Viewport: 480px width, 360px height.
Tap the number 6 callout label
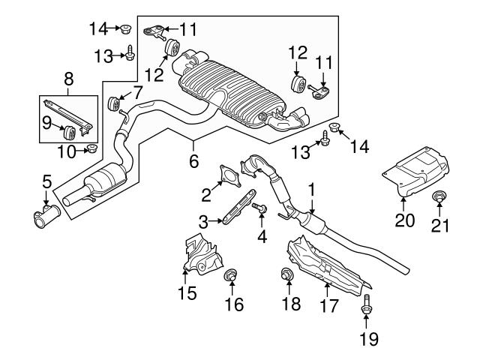(x=194, y=160)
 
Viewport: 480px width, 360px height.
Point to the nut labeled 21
(x=440, y=198)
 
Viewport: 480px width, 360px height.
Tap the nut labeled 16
(x=232, y=275)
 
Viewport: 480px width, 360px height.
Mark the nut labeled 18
(x=286, y=274)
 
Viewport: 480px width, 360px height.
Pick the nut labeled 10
(x=90, y=147)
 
